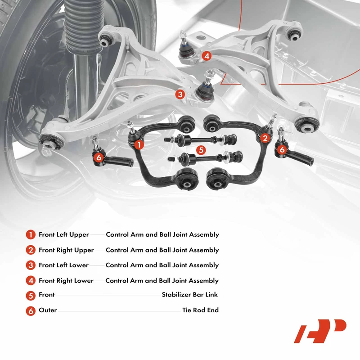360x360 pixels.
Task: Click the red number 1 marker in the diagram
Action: tap(139, 144)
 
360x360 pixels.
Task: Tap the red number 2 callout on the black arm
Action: tap(265, 138)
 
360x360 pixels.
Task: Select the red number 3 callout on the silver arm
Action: tap(180, 94)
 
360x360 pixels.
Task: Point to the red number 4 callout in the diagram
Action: tap(206, 56)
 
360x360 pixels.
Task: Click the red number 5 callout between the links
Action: tap(201, 150)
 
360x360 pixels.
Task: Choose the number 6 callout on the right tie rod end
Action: tap(282, 149)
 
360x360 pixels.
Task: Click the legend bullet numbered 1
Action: tap(31, 234)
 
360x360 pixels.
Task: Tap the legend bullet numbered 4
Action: tap(31, 281)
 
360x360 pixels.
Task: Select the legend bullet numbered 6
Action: tap(31, 310)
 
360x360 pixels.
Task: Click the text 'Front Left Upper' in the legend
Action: tap(64, 234)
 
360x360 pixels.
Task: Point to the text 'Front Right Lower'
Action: tap(66, 281)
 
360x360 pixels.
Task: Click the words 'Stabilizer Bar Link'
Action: tap(190, 295)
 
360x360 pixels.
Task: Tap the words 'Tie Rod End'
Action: tap(200, 310)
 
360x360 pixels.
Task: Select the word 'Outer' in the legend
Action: tap(48, 310)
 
